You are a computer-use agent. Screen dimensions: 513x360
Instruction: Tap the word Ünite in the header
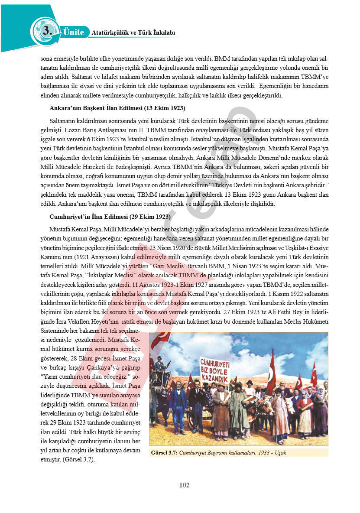pos(74,32)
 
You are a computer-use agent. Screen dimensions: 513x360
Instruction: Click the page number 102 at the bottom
pos(184,485)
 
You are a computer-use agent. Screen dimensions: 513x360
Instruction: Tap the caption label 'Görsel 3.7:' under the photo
pos(164,453)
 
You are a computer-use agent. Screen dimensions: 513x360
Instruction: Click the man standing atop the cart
pos(159,364)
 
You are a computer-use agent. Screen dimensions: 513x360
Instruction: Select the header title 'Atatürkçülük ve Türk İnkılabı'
pos(133,32)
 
